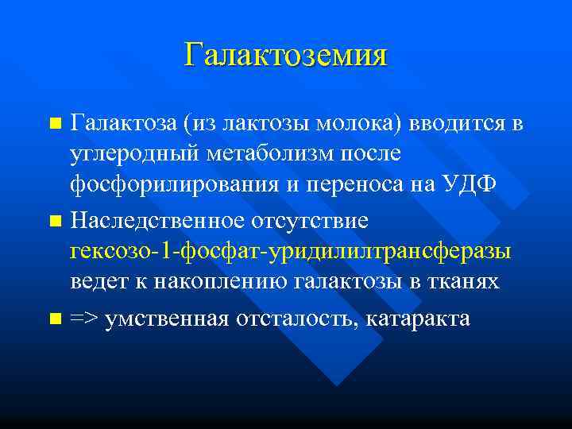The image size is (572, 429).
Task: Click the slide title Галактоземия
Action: (x=286, y=55)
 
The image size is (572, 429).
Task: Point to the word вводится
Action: (x=458, y=124)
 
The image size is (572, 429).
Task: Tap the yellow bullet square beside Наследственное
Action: (x=54, y=218)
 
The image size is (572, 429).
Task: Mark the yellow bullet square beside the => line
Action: (x=54, y=319)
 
